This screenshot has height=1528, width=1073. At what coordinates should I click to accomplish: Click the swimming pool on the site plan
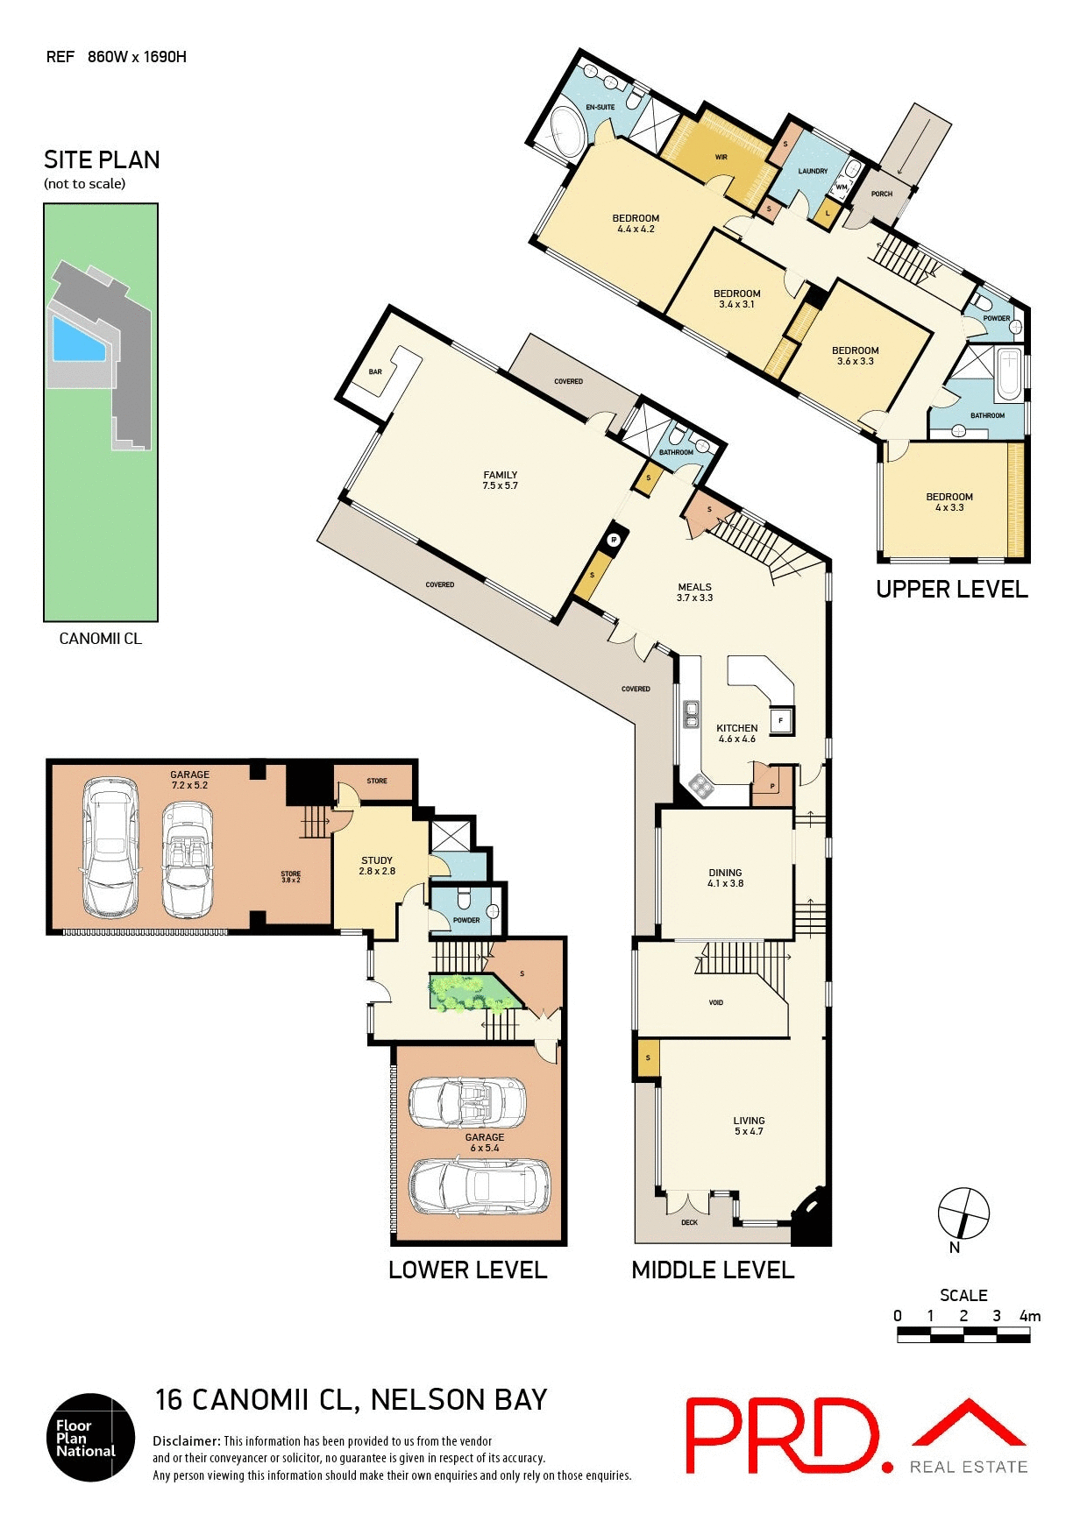point(77,341)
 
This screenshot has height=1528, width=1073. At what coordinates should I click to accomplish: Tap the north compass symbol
point(963,1213)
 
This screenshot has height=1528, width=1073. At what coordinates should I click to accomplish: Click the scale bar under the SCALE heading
point(963,1334)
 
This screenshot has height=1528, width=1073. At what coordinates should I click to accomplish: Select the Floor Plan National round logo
point(90,1437)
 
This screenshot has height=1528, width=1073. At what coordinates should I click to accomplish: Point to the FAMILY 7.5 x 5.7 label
point(500,480)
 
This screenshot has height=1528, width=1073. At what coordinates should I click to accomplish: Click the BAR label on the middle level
point(375,371)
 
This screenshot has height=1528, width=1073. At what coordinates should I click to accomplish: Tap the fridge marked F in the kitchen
point(780,721)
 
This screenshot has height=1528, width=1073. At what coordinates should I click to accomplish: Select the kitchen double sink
point(691,714)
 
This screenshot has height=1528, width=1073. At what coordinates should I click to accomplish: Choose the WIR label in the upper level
point(721,158)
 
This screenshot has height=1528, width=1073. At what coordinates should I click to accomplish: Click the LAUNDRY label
point(813,171)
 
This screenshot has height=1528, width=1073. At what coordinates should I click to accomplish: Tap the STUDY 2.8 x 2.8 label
point(377,866)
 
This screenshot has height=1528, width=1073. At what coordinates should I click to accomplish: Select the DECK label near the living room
point(689,1222)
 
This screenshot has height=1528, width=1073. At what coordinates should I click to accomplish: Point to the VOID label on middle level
point(715,1002)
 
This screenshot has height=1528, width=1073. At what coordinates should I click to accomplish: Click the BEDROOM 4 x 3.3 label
point(949,501)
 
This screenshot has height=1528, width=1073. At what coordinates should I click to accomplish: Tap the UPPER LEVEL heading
point(951,589)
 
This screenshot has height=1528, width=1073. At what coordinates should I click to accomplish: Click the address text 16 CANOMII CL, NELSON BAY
point(351,1399)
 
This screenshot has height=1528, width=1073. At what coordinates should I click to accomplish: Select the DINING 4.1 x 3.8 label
point(725,878)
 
